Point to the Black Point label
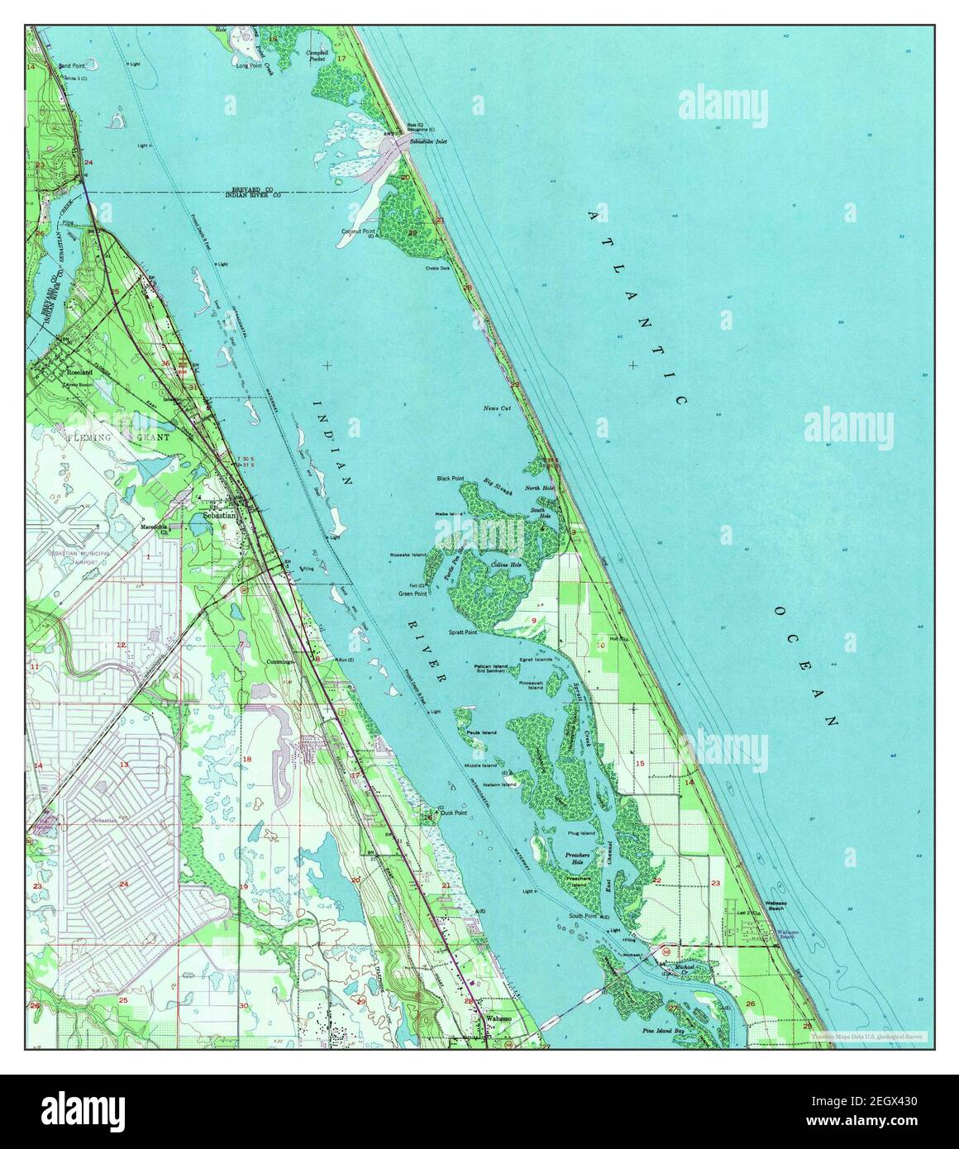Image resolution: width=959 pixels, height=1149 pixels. click(x=451, y=479)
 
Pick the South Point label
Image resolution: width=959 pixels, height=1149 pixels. click(x=584, y=915)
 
